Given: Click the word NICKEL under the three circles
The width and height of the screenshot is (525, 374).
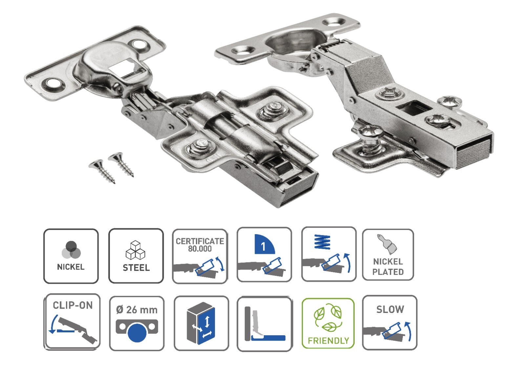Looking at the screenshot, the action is (71, 267).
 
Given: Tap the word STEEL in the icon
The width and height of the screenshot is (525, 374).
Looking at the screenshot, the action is (136, 268).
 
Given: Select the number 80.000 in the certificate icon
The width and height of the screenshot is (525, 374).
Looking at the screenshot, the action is (200, 249).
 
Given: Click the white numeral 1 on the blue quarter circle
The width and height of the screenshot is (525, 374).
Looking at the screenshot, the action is (263, 246).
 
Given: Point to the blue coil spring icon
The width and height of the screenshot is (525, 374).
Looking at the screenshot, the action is (323, 241).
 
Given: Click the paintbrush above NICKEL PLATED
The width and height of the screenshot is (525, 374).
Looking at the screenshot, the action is (387, 244).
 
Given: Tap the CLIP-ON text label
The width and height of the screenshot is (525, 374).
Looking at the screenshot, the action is (73, 305).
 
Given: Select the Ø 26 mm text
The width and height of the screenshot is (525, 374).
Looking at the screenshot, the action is (136, 310).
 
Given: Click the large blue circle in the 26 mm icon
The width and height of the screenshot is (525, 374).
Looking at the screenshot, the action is (137, 333).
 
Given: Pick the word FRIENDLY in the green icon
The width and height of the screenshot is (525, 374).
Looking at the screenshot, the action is (328, 341).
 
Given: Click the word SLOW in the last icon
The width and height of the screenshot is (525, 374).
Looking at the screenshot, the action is (390, 309).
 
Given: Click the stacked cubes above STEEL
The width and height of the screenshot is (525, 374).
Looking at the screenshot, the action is (136, 250).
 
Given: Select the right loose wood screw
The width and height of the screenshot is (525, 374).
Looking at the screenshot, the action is (121, 164).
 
